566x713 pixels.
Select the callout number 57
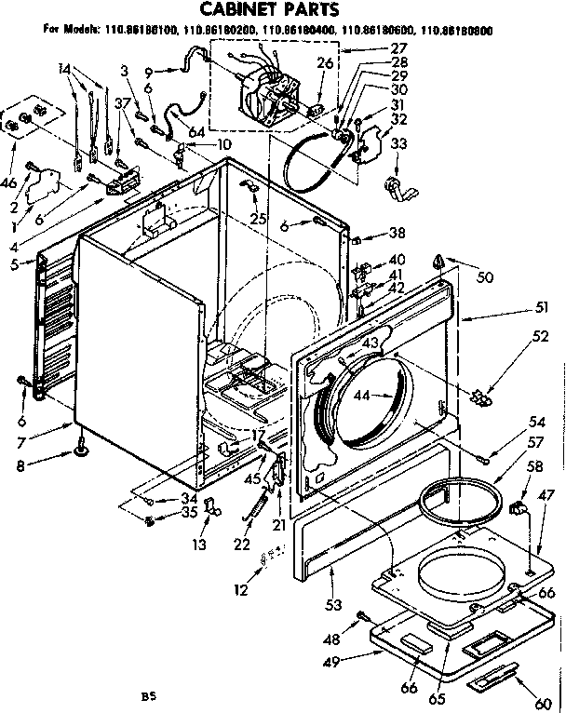click(x=536, y=443)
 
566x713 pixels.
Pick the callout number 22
click(x=243, y=543)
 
